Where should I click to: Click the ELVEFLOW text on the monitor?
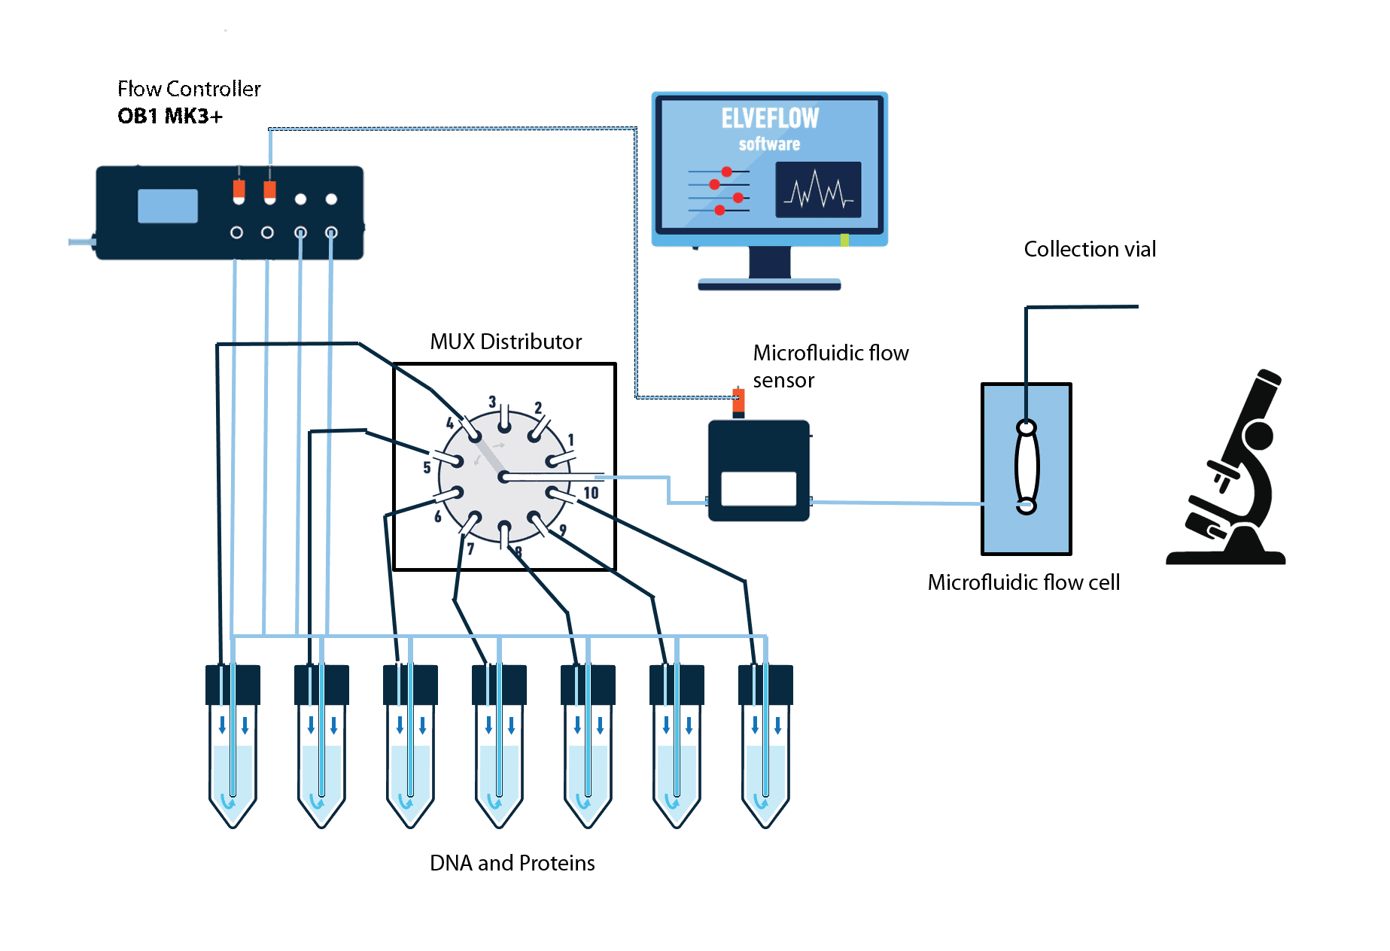point(769,118)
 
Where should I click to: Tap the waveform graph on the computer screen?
point(818,190)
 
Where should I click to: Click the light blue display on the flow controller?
point(167,205)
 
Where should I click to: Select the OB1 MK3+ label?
point(170,117)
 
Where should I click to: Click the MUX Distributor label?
point(506,342)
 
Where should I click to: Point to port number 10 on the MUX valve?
point(591,493)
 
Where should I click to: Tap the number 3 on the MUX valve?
point(491,402)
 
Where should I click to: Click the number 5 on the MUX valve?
point(426,467)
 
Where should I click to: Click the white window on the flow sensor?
point(758,488)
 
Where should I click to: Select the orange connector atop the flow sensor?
point(738,401)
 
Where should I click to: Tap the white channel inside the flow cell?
point(1027,466)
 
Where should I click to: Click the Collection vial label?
point(1089,249)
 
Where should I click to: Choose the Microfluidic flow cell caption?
point(1023,582)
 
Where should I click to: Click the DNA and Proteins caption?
point(512,863)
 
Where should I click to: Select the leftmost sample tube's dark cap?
point(233,683)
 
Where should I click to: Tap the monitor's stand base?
point(769,284)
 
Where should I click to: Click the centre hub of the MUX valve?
point(503,477)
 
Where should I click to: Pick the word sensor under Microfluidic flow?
point(783,381)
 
